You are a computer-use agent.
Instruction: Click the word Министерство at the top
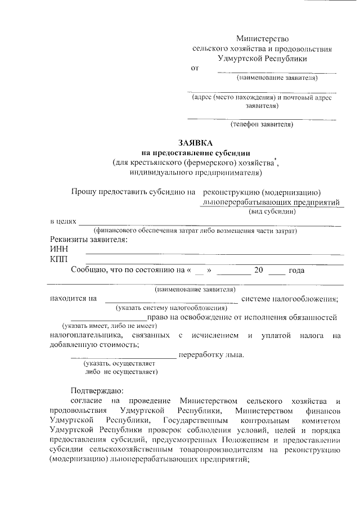point(262,39)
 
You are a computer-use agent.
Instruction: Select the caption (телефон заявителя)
point(262,124)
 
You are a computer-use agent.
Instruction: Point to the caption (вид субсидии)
point(273,212)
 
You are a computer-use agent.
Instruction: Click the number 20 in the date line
point(259,270)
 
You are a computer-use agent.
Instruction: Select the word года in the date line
point(296,270)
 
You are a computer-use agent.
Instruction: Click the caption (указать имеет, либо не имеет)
point(109,326)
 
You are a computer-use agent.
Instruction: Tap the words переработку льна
point(211,355)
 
